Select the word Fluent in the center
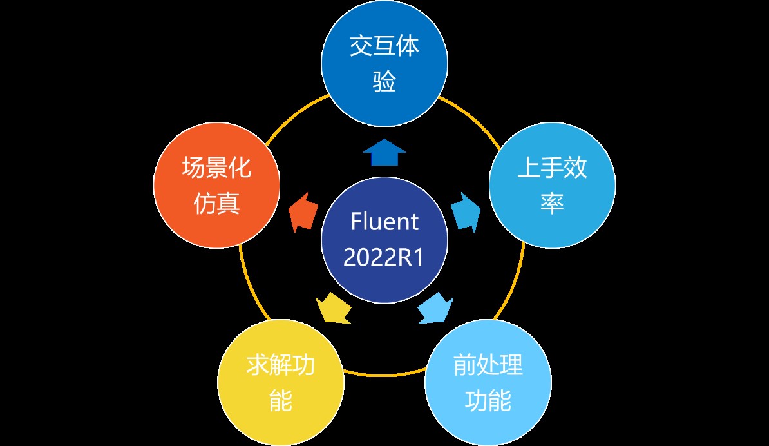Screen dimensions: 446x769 (x=384, y=222)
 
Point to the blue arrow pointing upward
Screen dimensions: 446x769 (x=384, y=153)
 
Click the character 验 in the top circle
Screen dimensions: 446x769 (x=384, y=82)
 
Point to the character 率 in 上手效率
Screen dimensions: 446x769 (x=552, y=205)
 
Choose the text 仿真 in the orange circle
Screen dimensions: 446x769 (x=216, y=205)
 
